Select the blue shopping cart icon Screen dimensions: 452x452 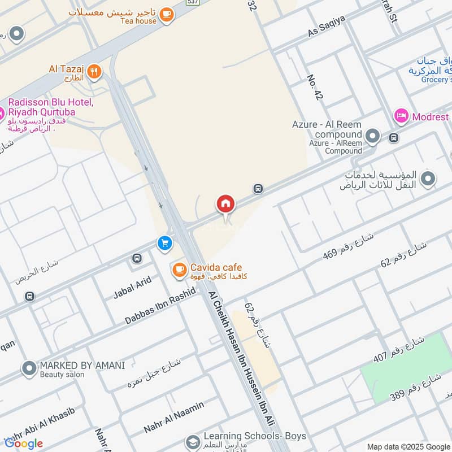(165, 243)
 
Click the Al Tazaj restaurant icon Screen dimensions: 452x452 (94, 72)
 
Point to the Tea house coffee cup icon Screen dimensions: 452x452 (166, 15)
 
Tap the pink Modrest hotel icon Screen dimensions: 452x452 (401, 116)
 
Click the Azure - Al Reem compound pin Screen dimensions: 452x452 (372, 136)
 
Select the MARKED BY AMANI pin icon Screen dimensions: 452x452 (29, 369)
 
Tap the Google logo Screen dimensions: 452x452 (24, 443)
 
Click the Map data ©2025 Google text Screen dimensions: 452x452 (408, 446)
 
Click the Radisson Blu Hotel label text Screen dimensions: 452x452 (50, 106)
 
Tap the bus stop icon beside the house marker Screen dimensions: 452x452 (258, 188)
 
